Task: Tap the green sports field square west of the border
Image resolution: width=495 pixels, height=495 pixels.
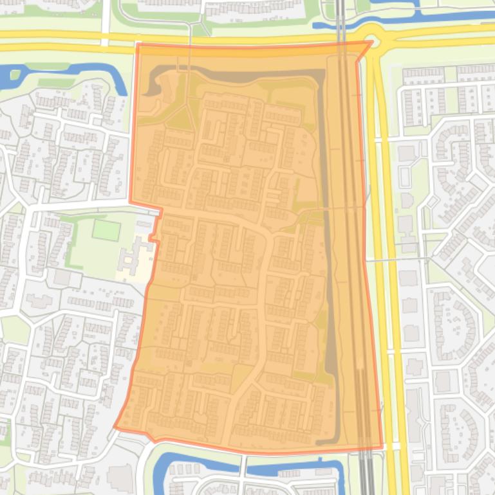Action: pyautogui.click(x=106, y=230)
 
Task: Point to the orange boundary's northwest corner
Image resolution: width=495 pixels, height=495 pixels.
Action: pyautogui.click(x=138, y=46)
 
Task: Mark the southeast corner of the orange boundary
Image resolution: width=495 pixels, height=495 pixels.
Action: pyautogui.click(x=381, y=447)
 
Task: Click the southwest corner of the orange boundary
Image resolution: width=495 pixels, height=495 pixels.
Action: pyautogui.click(x=115, y=426)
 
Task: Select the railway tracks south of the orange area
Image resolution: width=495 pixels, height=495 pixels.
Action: pyautogui.click(x=365, y=473)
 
